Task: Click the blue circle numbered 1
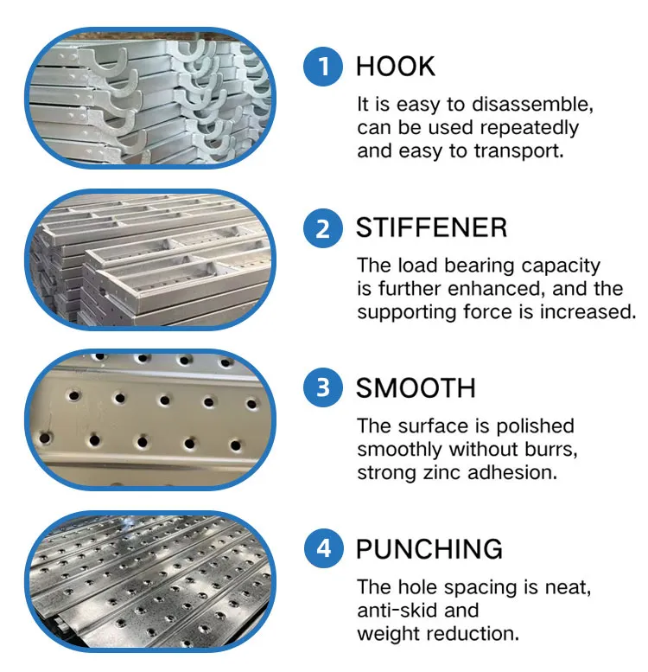tap(324, 67)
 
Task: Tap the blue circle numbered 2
tap(324, 228)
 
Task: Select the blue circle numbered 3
tap(324, 387)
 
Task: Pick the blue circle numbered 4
tap(324, 548)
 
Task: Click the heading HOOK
tap(396, 67)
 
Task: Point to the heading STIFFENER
tap(431, 228)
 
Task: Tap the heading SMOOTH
tap(416, 387)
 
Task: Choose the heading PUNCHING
tap(429, 548)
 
